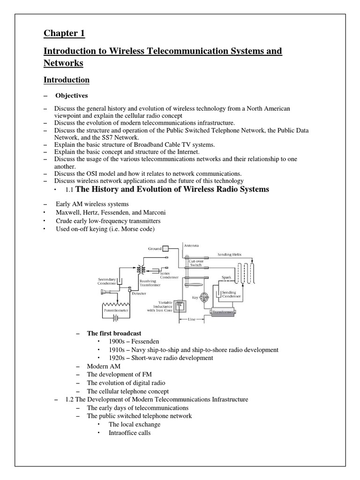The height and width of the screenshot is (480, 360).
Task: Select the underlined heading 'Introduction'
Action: point(67,80)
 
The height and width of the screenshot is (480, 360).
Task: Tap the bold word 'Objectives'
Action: point(72,96)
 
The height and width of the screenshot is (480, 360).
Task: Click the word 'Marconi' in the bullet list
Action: point(153,212)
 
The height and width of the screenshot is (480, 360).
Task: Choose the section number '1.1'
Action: point(70,190)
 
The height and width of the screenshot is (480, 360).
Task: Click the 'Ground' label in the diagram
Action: point(154,249)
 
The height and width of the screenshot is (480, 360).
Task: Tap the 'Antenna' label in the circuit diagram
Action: point(191,245)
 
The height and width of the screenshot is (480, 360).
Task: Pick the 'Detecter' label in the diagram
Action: point(139,293)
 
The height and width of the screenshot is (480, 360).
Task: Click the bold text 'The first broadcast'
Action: point(114,333)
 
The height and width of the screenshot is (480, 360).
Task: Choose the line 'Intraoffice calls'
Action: point(129,433)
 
